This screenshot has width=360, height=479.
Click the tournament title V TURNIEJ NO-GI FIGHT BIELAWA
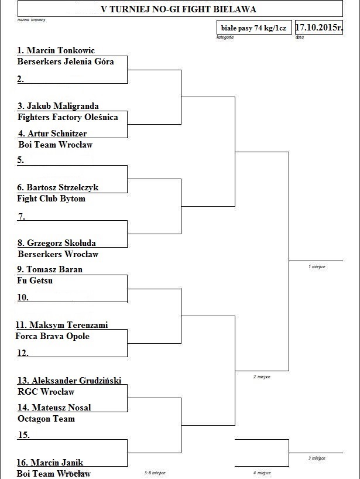click(x=179, y=9)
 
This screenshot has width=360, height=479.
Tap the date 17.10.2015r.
click(x=318, y=27)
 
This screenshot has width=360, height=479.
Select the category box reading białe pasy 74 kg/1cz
click(x=253, y=28)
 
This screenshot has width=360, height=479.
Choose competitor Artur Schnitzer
click(x=57, y=134)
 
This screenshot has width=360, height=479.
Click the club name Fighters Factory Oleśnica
click(x=67, y=117)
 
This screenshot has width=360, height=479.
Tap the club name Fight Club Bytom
click(x=52, y=199)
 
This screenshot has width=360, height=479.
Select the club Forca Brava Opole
click(x=53, y=336)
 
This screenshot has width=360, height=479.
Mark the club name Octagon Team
click(x=46, y=419)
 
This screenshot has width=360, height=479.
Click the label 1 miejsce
click(x=317, y=266)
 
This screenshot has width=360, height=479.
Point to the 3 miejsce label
click(x=317, y=458)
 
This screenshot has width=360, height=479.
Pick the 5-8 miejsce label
click(x=155, y=472)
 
